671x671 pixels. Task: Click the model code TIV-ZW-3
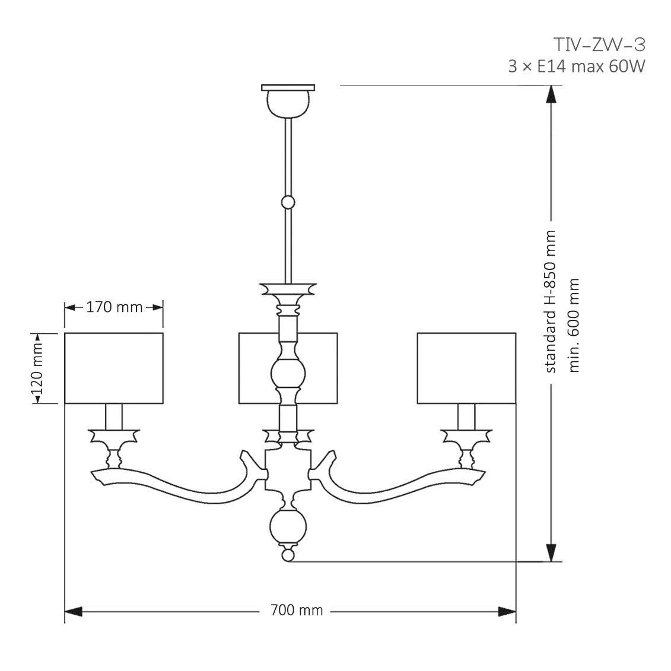[x=599, y=44]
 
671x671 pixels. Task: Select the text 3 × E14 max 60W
[x=576, y=66]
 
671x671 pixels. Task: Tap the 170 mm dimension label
[x=114, y=307]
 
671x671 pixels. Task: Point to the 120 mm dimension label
[x=37, y=369]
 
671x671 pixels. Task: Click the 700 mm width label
[x=296, y=610]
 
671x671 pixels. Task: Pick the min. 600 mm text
[x=573, y=326]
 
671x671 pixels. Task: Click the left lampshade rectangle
[x=113, y=368]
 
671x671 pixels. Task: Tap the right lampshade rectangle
[x=466, y=368]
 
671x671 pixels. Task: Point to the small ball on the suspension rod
[x=288, y=202]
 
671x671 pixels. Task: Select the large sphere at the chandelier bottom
[x=288, y=528]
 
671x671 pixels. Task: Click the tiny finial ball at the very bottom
[x=288, y=555]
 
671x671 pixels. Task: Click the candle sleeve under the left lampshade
[x=114, y=417]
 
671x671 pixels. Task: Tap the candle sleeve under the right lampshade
[x=466, y=417]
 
